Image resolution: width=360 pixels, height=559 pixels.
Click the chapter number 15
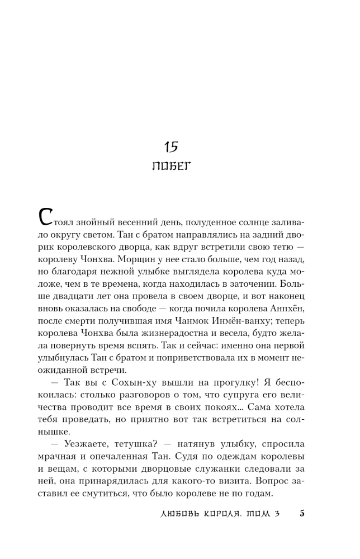[170, 147]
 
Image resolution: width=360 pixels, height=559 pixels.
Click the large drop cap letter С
[46, 218]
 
